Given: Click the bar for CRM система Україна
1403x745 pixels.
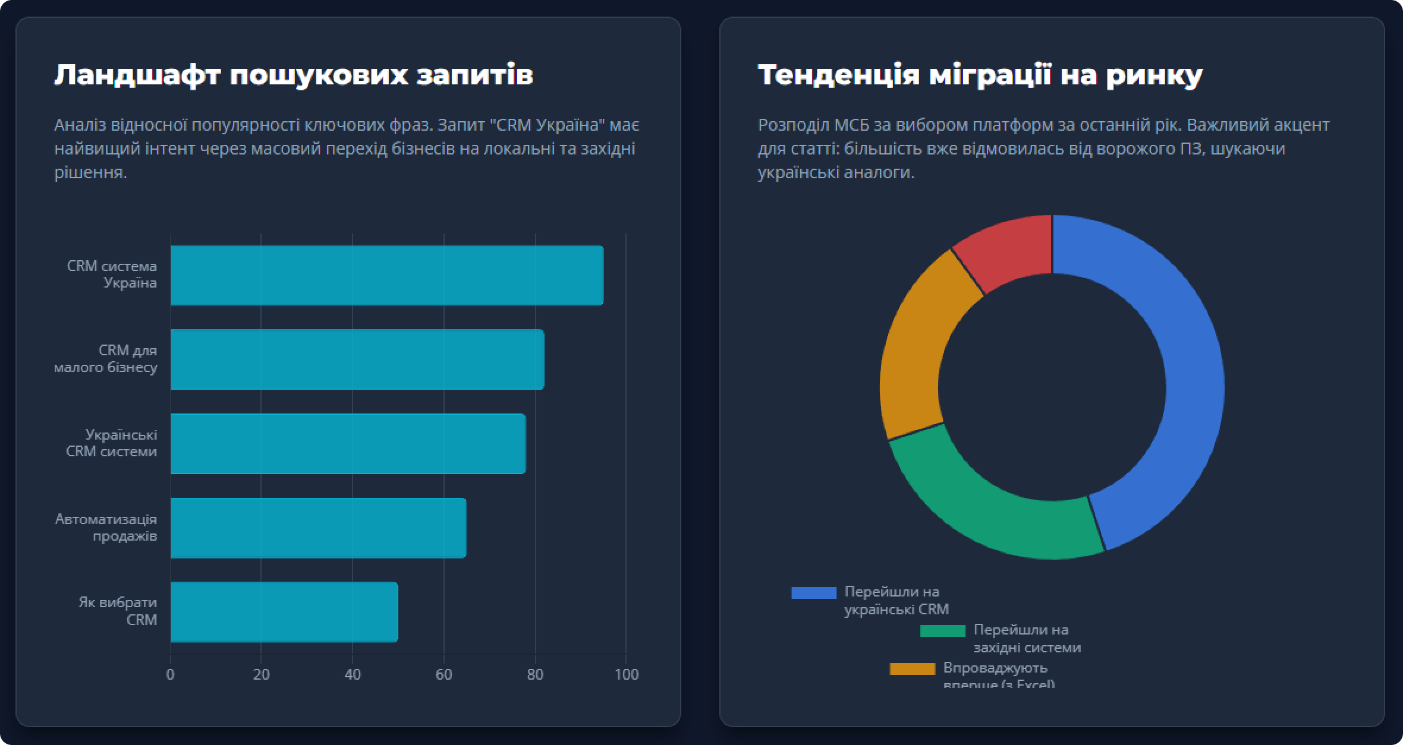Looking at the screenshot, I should tap(386, 275).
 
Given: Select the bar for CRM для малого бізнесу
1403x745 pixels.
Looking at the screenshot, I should tap(357, 359).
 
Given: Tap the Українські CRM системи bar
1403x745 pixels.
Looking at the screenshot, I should tap(348, 444).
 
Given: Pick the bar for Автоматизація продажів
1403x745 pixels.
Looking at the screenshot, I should tap(318, 528).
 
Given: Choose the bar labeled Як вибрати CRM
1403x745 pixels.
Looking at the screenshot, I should tap(284, 612).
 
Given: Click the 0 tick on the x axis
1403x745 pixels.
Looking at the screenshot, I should tap(171, 675).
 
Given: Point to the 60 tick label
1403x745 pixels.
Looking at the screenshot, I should tap(443, 675).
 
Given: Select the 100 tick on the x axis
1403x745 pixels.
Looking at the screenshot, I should tap(627, 675).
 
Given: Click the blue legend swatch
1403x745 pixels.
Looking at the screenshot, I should tap(813, 592).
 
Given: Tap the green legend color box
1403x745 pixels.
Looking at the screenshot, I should tap(942, 631).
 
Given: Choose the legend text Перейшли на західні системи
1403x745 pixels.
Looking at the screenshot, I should tap(1027, 639).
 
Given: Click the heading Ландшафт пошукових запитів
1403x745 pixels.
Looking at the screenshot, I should tap(294, 75).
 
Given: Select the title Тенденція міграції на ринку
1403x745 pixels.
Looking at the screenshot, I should tap(980, 75).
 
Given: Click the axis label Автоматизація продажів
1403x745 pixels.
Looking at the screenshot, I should tap(106, 528).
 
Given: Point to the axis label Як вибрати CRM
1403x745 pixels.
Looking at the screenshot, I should tap(118, 611).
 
